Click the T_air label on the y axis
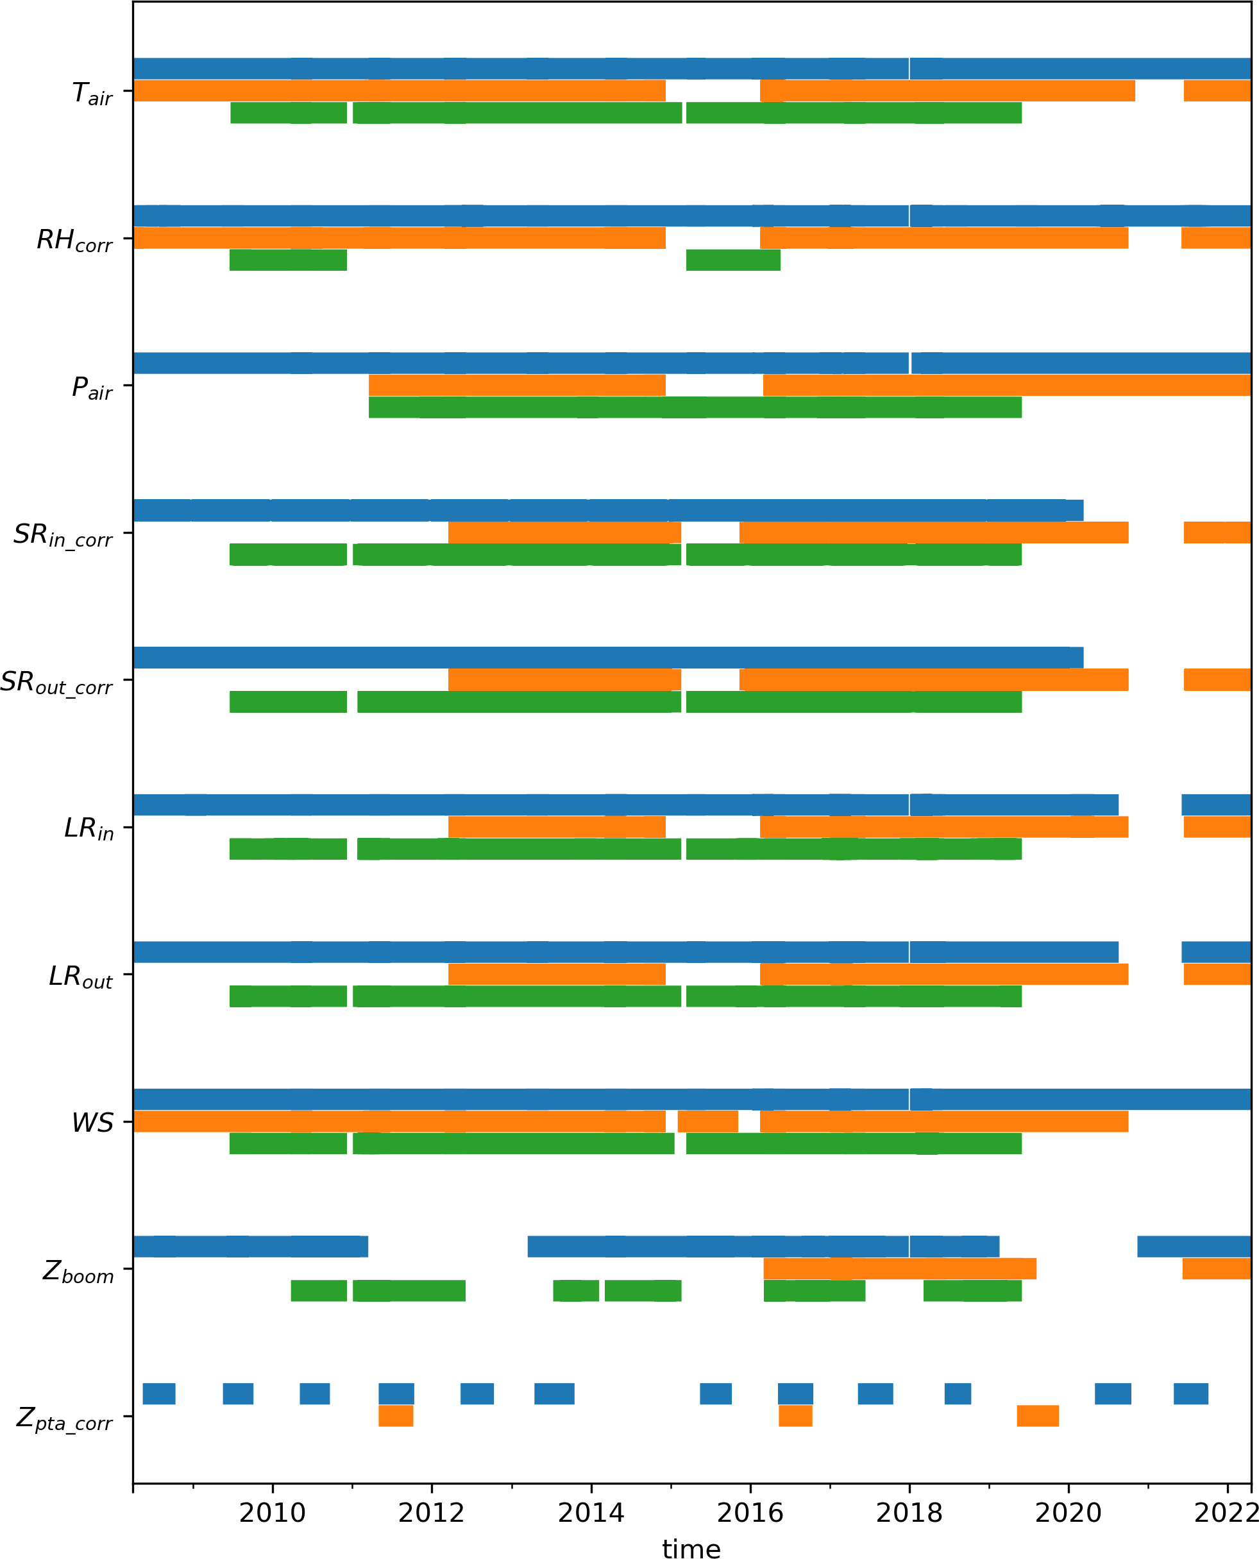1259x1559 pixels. tap(92, 94)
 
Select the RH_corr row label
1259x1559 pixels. tap(74, 241)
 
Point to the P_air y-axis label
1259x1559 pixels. tap(92, 388)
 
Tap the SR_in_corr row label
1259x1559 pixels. tap(63, 535)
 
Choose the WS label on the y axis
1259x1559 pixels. tap(92, 1122)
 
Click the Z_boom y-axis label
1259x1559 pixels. tap(78, 1272)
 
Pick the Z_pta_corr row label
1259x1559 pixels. tap(65, 1419)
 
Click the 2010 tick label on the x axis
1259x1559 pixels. tap(272, 1513)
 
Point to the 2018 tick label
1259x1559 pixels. tap(909, 1513)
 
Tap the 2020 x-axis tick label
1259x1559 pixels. tap(1067, 1513)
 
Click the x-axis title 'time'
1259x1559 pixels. tap(691, 1548)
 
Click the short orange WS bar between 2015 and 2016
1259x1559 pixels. tap(708, 1121)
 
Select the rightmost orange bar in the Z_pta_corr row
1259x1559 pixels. tap(1037, 1415)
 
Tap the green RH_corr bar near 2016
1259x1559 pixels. tap(733, 260)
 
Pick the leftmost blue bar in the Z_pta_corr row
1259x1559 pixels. tap(159, 1393)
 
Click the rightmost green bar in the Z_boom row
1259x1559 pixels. tap(972, 1291)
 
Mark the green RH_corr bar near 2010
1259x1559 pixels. tap(288, 260)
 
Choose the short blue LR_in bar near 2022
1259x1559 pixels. tap(1216, 805)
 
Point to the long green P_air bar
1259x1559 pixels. tap(695, 407)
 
